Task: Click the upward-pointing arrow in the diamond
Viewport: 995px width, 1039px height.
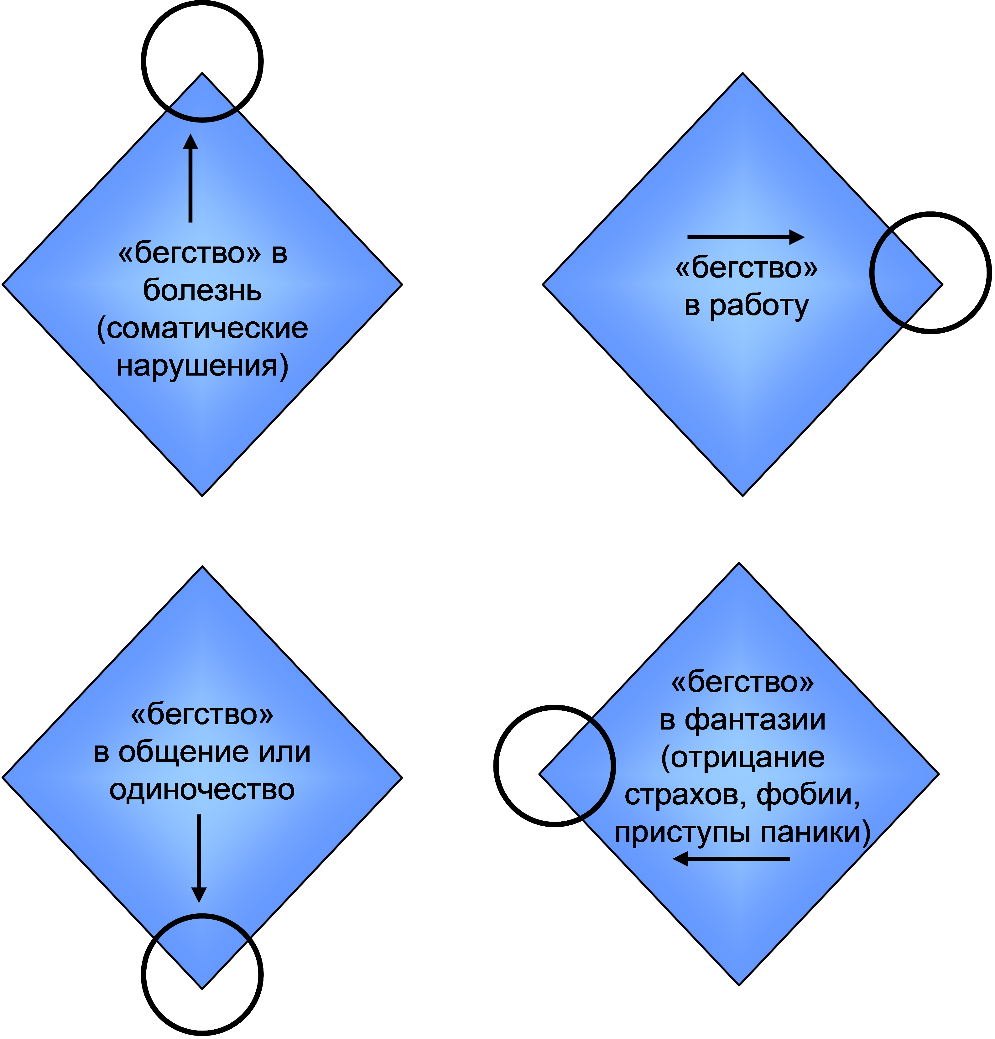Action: [190, 178]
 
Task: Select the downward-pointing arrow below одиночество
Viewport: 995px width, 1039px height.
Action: [199, 858]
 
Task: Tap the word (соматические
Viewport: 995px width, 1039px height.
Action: [202, 329]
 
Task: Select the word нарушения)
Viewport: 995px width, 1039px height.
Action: [202, 366]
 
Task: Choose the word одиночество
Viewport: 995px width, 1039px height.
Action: [202, 790]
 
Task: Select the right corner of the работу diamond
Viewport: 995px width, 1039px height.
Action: [941, 285]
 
